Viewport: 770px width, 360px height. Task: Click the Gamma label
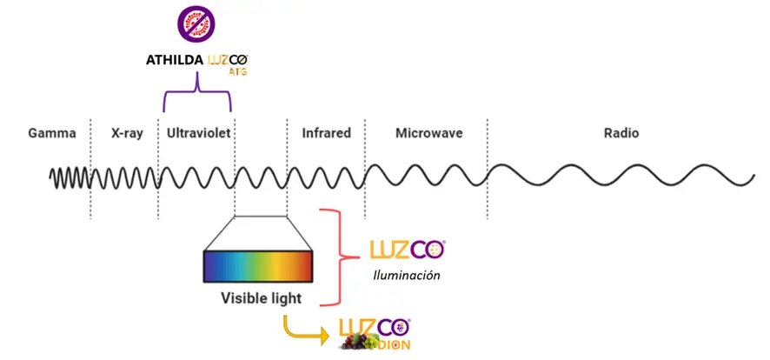click(52, 134)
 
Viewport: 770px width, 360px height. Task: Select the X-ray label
click(125, 134)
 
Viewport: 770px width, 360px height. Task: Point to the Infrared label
click(326, 134)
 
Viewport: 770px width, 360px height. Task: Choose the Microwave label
click(428, 134)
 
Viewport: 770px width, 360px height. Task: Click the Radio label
click(621, 134)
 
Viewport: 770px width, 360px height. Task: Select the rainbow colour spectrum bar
click(258, 266)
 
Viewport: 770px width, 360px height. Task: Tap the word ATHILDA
click(175, 62)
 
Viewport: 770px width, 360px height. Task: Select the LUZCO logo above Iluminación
click(408, 250)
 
